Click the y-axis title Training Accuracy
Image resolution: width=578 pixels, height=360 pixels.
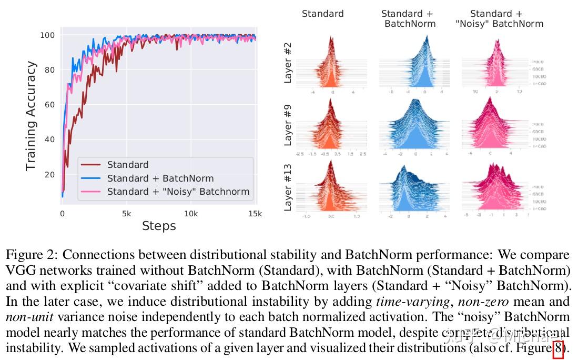pos(32,116)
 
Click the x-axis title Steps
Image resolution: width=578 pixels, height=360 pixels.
pos(159,226)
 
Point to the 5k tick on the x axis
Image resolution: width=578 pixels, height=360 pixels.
pos(126,214)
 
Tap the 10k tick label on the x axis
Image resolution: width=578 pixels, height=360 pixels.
pos(191,214)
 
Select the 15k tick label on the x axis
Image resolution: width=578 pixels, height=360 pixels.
pos(255,214)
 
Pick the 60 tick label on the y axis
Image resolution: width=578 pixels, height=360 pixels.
pos(50,105)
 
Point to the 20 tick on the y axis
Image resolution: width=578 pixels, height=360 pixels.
pos(50,175)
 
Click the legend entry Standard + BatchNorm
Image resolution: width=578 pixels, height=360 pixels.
pos(160,178)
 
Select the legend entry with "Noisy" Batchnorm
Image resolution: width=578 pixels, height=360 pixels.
pos(178,192)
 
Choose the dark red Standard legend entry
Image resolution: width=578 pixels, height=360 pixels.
pos(128,165)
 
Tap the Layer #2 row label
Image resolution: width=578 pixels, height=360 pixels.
pos(288,63)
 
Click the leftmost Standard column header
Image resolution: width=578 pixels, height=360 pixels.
pos(322,14)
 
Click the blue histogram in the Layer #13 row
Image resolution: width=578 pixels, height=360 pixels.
pos(413,189)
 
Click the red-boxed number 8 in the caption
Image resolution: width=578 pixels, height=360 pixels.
pos(558,349)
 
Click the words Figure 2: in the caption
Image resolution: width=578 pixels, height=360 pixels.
pos(32,256)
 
